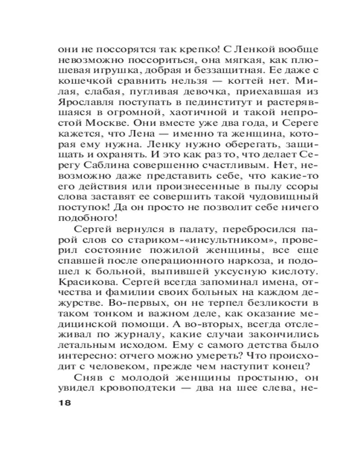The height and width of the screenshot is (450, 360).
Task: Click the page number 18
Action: click(65, 402)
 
